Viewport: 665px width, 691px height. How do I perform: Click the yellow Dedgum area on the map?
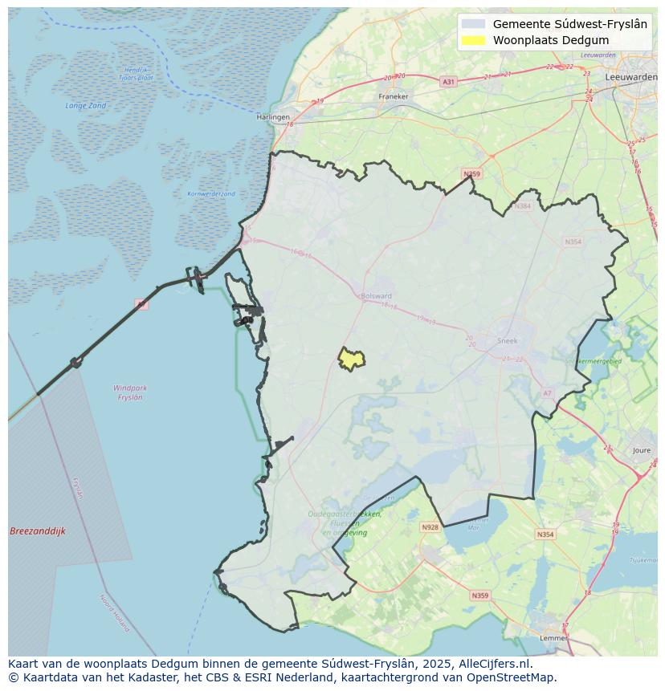pyautogui.click(x=351, y=360)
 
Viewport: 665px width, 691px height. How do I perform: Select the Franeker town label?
pyautogui.click(x=394, y=96)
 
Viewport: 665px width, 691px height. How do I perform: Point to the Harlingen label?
pyautogui.click(x=273, y=117)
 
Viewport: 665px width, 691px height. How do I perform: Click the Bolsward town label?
pyautogui.click(x=377, y=295)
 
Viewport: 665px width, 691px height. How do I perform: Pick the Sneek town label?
pyautogui.click(x=508, y=340)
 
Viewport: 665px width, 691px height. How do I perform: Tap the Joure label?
pyautogui.click(x=642, y=451)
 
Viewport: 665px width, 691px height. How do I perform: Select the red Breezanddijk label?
pyautogui.click(x=38, y=531)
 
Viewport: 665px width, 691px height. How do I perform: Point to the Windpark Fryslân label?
pyautogui.click(x=130, y=392)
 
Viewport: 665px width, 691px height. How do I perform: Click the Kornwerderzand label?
pyautogui.click(x=211, y=193)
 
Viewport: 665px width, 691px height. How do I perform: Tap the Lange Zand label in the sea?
pyautogui.click(x=85, y=105)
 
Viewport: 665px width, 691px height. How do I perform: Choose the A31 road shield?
pyautogui.click(x=448, y=81)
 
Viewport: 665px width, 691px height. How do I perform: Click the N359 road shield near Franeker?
pyautogui.click(x=471, y=173)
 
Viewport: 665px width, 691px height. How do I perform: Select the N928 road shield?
pyautogui.click(x=430, y=527)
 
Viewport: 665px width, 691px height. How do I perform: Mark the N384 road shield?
pyautogui.click(x=524, y=206)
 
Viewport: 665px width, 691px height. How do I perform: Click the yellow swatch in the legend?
pyautogui.click(x=475, y=40)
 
